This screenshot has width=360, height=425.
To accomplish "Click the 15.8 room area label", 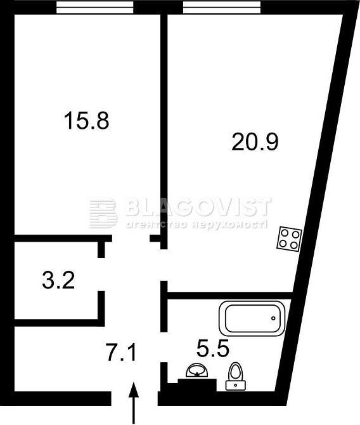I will coord(86,119).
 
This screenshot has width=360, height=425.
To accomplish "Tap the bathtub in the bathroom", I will coord(251,319).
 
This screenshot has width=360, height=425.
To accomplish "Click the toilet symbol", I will coord(236,375).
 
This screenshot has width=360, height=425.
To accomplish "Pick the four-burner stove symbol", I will coord(289,239).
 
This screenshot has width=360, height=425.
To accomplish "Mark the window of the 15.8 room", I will coord(94,8).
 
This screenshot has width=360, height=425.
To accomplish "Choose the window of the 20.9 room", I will coord(222,8).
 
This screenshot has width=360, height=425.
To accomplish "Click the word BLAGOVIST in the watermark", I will coord(197,207).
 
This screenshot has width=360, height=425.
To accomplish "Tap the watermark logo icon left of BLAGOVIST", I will coord(103,213).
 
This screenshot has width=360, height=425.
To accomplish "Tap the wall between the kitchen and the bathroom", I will coord(228,295).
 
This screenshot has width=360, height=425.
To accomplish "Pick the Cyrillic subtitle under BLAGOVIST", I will coord(197,225).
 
